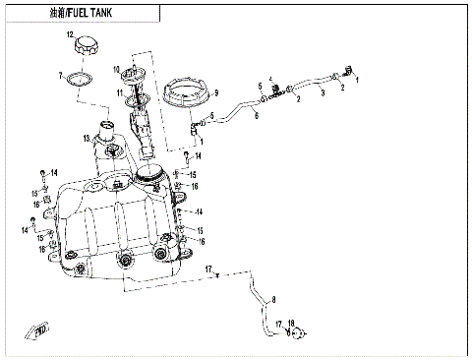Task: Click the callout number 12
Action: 70,35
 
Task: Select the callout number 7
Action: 60,75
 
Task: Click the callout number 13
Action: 87,138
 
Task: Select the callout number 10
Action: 115,69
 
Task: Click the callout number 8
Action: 274,298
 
